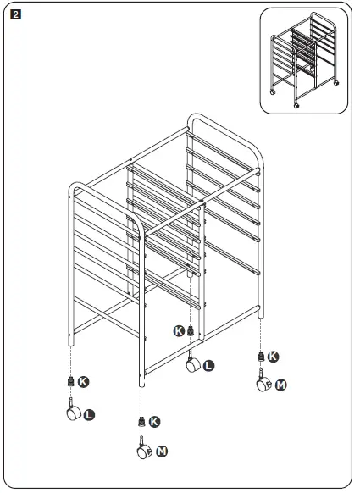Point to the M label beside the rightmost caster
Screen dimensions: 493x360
tap(281, 385)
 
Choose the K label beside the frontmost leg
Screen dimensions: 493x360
tap(153, 421)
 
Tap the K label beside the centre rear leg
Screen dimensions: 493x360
tap(178, 330)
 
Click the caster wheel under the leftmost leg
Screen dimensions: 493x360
tap(71, 413)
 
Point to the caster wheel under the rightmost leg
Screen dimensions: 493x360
tap(263, 385)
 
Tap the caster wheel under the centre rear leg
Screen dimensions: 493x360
tap(193, 364)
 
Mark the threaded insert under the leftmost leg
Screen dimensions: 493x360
tap(70, 382)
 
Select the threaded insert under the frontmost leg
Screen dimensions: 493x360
tap(140, 421)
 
